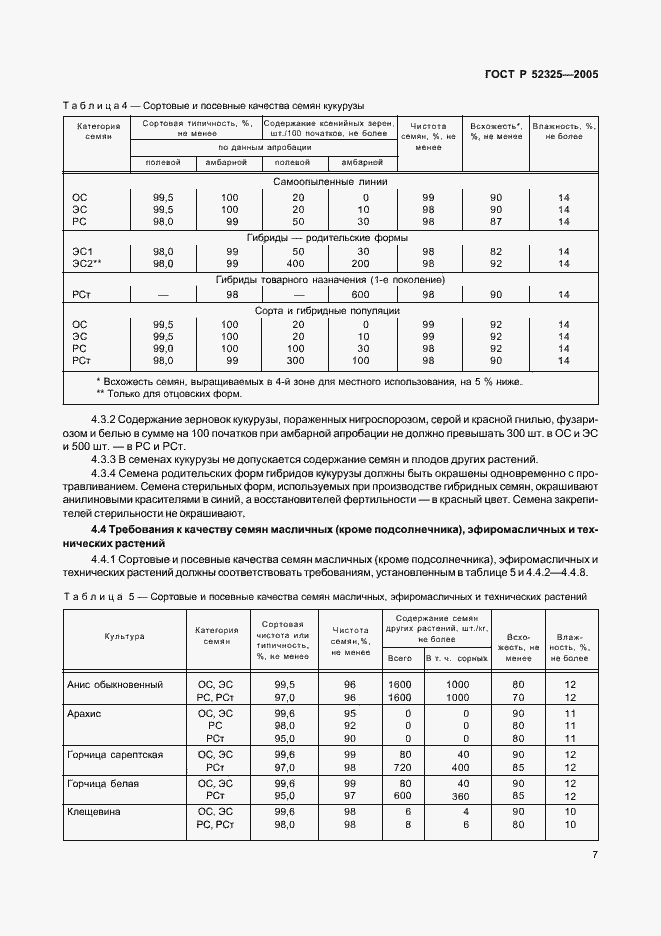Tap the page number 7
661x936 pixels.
coord(594,855)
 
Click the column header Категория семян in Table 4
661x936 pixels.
coord(98,133)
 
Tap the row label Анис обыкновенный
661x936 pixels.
coord(114,684)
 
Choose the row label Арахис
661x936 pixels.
coord(87,714)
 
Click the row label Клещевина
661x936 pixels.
coord(94,811)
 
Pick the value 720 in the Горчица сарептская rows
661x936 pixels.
coord(400,767)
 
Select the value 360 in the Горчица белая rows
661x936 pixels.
coord(458,796)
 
